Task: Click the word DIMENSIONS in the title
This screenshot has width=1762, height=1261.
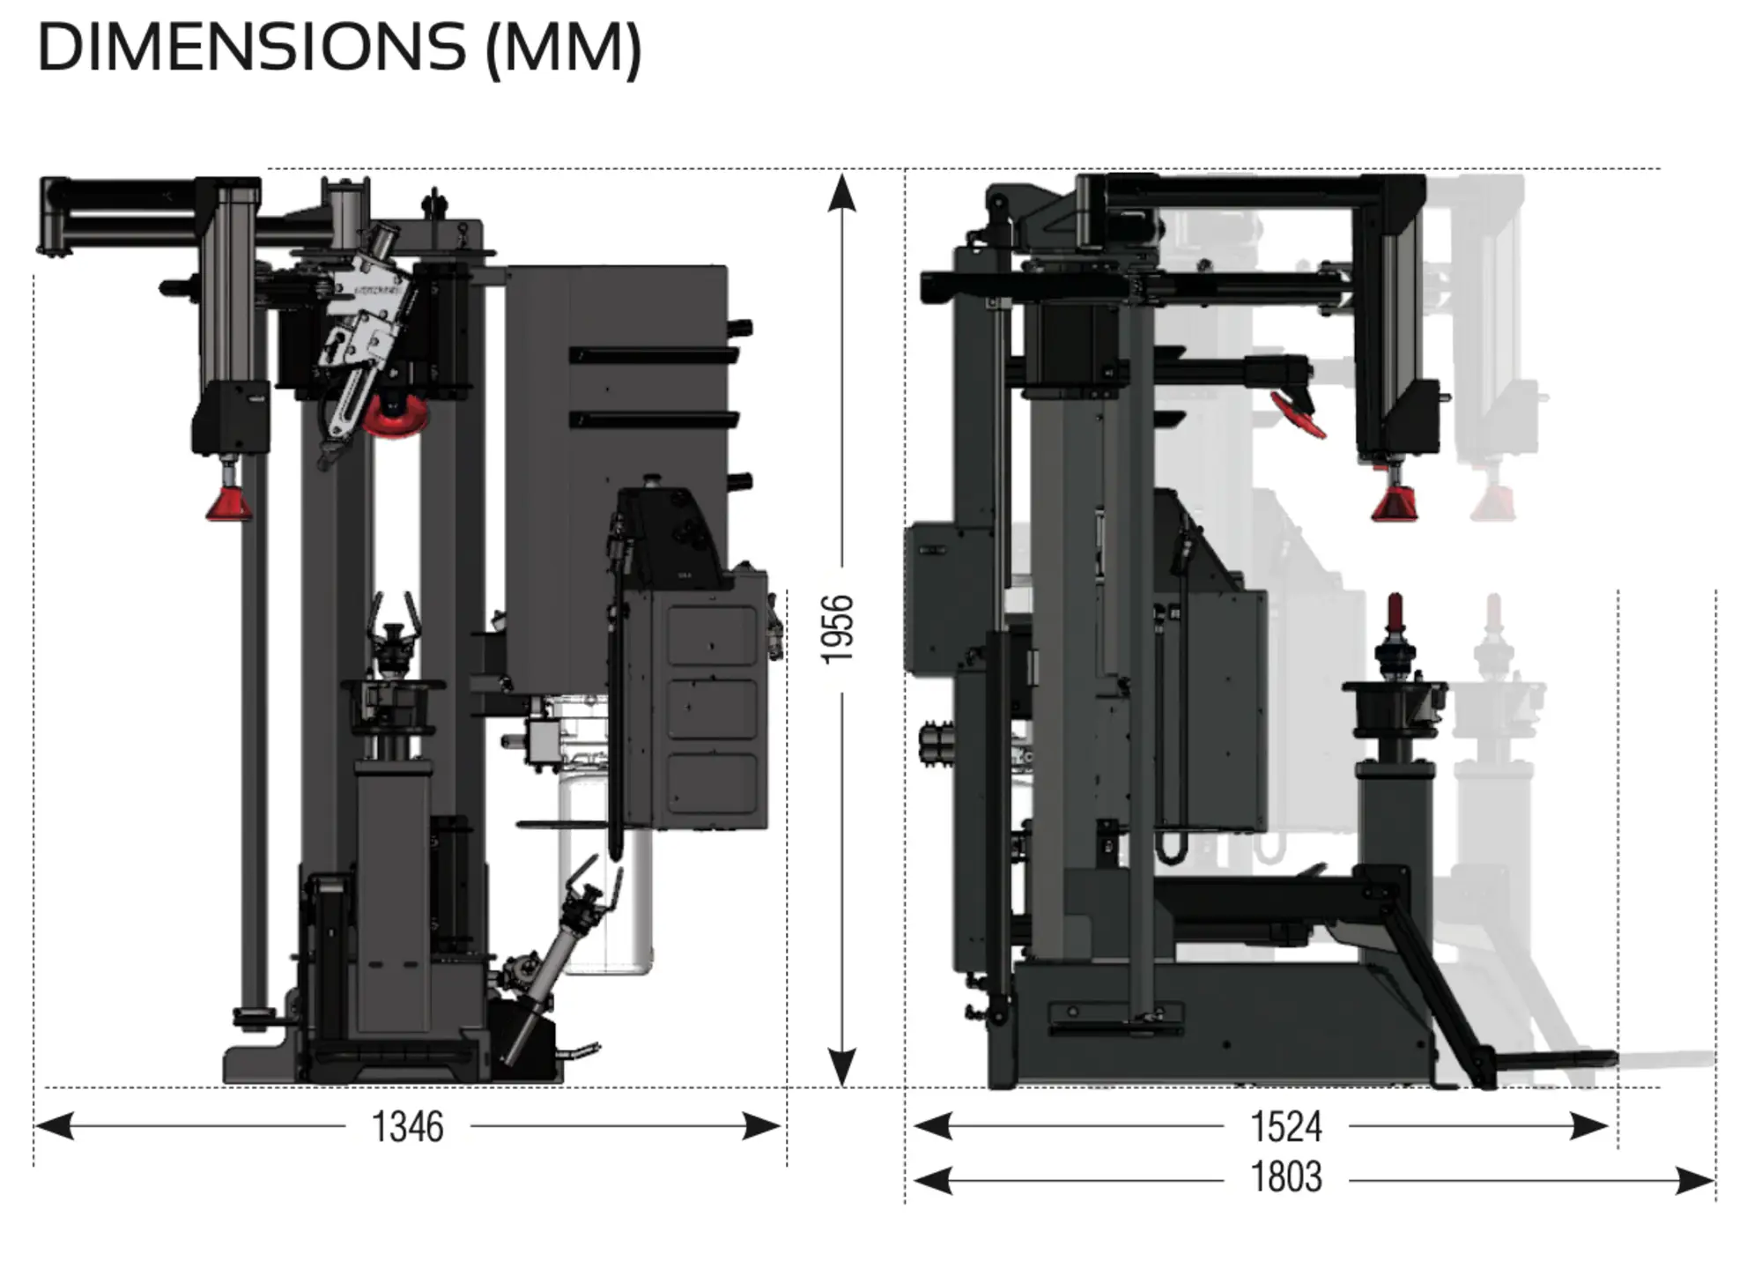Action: click(x=251, y=48)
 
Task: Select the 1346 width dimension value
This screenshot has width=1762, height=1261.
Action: click(x=407, y=1127)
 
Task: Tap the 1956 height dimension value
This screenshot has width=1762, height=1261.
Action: click(x=838, y=629)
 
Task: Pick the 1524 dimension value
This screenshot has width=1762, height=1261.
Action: click(x=1286, y=1127)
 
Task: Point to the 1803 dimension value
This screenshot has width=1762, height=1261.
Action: click(x=1286, y=1178)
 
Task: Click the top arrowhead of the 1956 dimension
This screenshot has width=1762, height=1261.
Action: click(x=842, y=191)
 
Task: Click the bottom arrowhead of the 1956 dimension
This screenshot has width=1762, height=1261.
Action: click(x=842, y=1068)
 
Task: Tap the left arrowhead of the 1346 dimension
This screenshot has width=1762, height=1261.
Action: click(x=53, y=1126)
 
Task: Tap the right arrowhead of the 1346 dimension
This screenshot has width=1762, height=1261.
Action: click(x=763, y=1126)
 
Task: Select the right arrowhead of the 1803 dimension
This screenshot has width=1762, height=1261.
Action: click(x=1695, y=1181)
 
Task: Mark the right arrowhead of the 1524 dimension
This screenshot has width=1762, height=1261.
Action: click(x=1590, y=1126)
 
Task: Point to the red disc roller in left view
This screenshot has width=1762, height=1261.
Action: click(x=396, y=419)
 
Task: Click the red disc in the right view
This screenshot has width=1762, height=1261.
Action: click(x=1298, y=415)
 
